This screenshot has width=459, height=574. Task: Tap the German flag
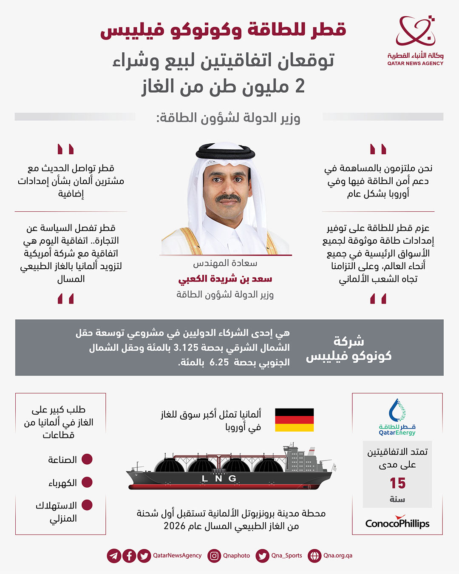coord(294,420)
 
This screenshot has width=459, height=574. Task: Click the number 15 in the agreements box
coord(397,483)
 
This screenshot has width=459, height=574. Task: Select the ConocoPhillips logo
coord(397,523)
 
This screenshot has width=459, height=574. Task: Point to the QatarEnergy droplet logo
coord(397,411)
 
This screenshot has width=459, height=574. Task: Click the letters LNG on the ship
coord(219,479)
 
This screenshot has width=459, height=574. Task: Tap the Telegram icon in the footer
coord(114,556)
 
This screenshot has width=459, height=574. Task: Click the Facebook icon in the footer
coord(129,556)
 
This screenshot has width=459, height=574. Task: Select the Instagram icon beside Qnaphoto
coord(215,556)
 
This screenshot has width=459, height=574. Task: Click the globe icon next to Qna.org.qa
coord(314,556)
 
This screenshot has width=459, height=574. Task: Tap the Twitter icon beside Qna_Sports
coord(263,556)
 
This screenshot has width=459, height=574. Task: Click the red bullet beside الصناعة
coord(87,459)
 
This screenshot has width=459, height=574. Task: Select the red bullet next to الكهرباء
coord(87,482)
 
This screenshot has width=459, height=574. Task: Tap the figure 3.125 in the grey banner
coord(187,348)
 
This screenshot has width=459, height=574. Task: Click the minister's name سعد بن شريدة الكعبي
coord(225,279)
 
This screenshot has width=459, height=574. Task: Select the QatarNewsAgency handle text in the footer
coord(177,556)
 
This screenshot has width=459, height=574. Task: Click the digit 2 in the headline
coord(300,86)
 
